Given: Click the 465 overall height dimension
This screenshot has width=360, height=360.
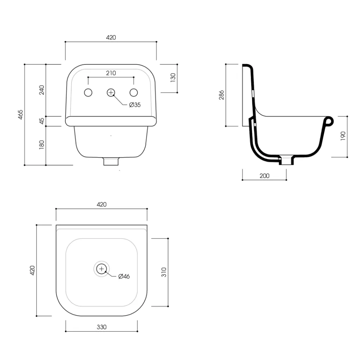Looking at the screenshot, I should pos(21,115).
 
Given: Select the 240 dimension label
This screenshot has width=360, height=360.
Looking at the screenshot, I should pos(42,90).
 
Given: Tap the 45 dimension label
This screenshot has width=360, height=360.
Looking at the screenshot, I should pos(42,121).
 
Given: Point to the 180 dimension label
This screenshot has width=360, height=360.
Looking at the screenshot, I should pos(42,145).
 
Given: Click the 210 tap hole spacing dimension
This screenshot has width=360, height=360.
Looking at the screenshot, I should pos(111,73).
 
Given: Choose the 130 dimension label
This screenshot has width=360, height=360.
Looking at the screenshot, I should pos(173,78).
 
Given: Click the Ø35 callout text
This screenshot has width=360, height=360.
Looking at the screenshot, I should pos(135,105).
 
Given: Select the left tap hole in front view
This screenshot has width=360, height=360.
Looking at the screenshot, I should pos(88,92).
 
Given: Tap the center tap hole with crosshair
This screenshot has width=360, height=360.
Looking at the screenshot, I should pos(111,92).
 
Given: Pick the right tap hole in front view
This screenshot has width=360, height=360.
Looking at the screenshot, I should pos(134,92).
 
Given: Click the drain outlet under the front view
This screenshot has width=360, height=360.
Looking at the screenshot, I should pos(111,162).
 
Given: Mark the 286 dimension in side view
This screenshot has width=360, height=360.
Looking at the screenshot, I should pos(222,95).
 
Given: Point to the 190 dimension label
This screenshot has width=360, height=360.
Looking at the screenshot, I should pos(343,136).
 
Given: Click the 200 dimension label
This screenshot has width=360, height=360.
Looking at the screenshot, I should pos(265,175).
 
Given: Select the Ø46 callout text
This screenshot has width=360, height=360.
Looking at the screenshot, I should pos(124,276).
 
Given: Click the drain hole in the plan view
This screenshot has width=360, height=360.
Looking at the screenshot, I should pos(101,269).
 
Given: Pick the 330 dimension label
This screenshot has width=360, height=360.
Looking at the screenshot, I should pos(102,327).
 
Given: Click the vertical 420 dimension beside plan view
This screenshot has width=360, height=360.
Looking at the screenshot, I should pos(32,270).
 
